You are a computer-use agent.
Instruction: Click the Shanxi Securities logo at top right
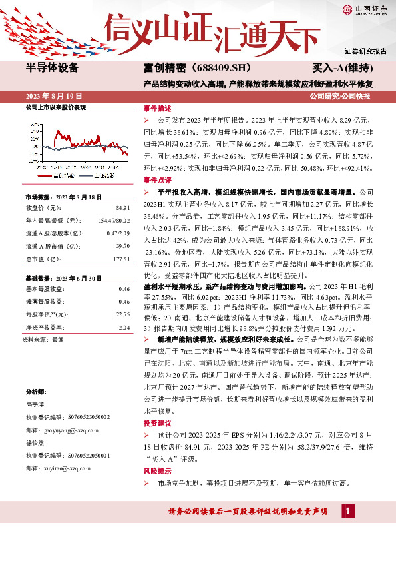tap(364, 9)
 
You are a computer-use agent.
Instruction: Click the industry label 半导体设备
tap(52, 69)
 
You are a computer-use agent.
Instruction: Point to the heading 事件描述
tap(158, 108)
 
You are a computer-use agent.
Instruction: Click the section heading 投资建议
tap(158, 424)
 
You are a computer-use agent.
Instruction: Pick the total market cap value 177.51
tap(121, 259)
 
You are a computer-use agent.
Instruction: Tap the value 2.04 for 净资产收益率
tap(124, 328)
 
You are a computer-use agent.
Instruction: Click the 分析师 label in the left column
tap(34, 392)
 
